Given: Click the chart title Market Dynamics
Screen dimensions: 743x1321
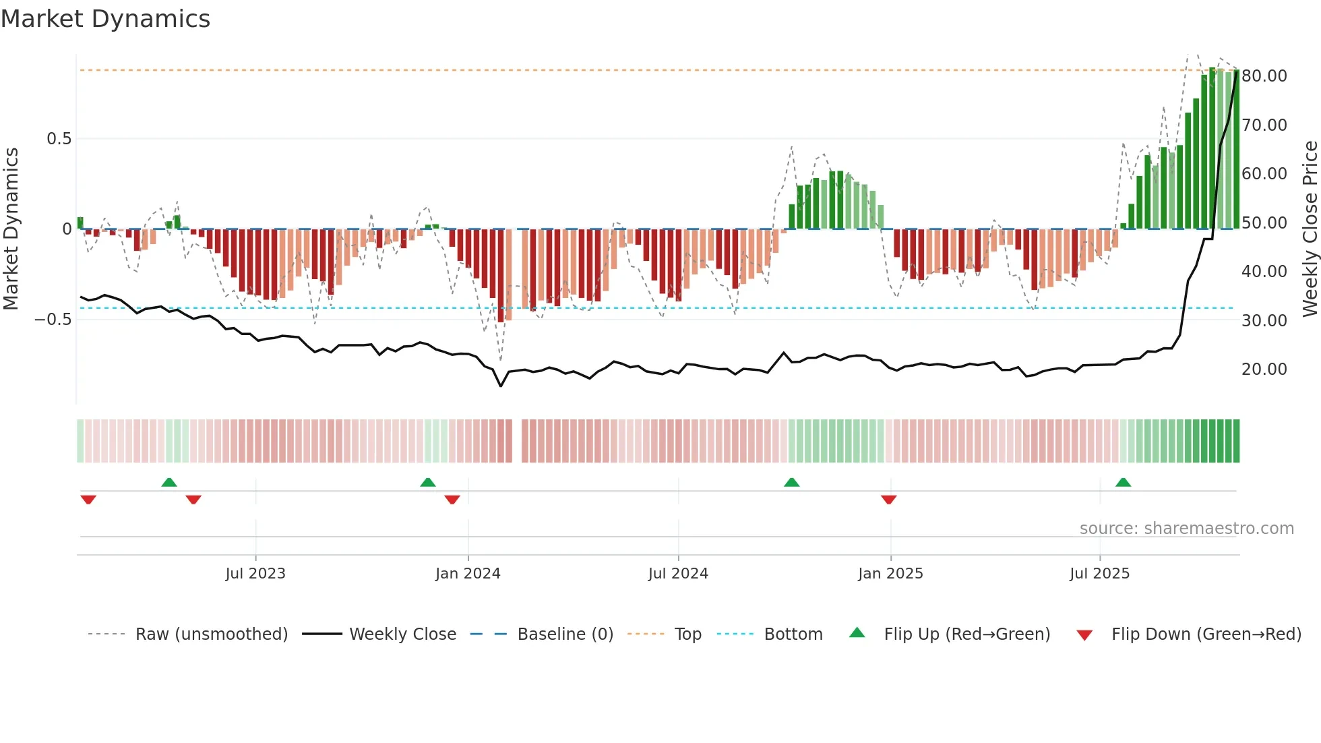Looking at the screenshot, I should pos(105,19).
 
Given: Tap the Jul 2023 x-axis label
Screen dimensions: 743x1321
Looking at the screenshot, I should pos(255,574).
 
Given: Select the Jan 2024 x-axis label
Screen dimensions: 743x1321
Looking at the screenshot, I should pos(468,574).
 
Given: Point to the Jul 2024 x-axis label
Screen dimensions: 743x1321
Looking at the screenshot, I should pos(678,574).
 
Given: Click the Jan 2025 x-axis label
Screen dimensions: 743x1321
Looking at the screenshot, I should pos(890,574).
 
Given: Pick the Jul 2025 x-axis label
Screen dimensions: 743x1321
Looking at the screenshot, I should pos(1099,574).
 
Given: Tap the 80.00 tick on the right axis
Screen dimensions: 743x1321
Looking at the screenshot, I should pos(1264,76).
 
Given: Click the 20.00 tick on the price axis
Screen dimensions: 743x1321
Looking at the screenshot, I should pos(1264,369).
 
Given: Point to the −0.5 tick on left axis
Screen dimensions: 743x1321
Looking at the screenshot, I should pos(53,320).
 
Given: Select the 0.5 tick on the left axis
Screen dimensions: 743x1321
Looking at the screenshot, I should pos(59,139).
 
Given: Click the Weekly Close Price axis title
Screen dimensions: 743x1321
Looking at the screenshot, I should pos(1310,229).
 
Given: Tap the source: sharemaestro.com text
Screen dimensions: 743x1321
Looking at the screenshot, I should pos(1186,529).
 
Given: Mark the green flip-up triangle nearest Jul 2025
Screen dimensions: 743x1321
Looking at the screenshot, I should pos(1123,483).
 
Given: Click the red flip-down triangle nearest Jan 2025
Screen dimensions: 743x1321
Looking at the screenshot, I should pos(888,500).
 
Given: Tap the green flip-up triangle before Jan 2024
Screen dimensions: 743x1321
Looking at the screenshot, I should pos(427,483).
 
